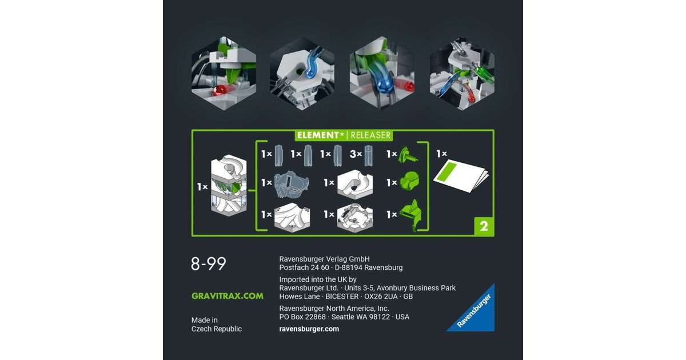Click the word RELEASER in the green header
point(370,135)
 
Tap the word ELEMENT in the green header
point(318,135)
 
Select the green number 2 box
point(484,226)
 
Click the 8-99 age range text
point(208,263)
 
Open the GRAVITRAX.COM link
point(228,296)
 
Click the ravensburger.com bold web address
point(309,329)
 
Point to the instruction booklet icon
point(461,175)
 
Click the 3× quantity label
point(356,154)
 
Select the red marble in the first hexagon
point(220,90)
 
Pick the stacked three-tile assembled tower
point(229,186)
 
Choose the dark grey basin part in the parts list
point(292,184)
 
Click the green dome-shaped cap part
point(410,181)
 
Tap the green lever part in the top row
point(408,155)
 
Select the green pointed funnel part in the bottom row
point(411,215)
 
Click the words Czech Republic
point(217,329)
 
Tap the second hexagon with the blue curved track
point(302,74)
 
